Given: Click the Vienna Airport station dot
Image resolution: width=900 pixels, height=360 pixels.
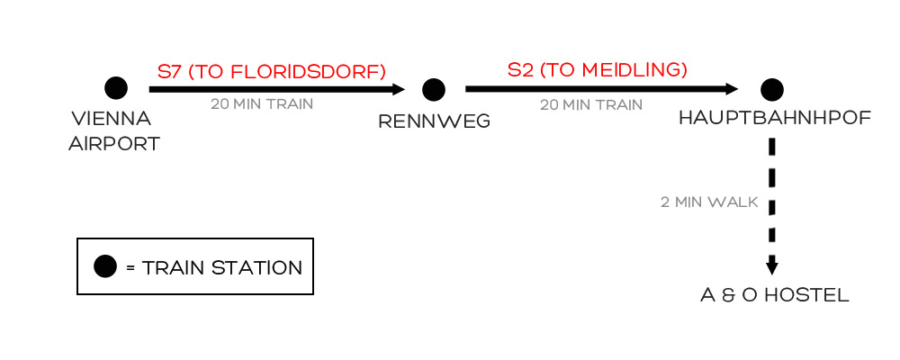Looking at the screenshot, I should click(x=115, y=88).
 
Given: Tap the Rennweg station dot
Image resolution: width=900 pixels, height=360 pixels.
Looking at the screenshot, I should click(x=434, y=89).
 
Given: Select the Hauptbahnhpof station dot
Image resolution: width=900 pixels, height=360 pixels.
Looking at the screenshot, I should click(x=771, y=89).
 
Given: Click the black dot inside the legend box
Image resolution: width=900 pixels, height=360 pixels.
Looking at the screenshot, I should click(x=105, y=266).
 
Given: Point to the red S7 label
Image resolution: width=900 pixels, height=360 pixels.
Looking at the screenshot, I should click(x=169, y=71).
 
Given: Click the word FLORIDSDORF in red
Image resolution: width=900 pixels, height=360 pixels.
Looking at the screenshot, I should click(x=305, y=71).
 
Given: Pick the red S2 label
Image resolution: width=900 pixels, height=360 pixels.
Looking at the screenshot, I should click(x=521, y=69).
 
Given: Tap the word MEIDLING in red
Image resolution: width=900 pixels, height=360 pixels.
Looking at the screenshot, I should click(x=634, y=69).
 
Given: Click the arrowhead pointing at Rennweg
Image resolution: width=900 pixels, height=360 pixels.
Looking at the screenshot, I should click(x=399, y=89).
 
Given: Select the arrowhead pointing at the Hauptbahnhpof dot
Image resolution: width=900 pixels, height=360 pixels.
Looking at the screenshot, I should click(x=731, y=89).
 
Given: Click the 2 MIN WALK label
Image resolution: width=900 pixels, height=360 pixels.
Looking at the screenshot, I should click(x=709, y=202).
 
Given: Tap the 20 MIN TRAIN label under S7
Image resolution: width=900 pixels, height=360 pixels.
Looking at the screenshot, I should click(x=262, y=104).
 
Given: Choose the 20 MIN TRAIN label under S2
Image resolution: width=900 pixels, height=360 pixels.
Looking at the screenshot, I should click(x=591, y=104).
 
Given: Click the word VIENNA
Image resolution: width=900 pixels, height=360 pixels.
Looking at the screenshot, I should click(x=111, y=120).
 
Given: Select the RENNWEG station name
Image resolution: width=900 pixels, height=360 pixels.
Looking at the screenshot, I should click(x=435, y=121).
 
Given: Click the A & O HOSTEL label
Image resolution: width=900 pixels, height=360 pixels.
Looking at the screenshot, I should click(x=775, y=295).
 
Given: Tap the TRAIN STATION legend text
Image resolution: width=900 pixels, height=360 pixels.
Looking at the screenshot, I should click(x=222, y=267).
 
